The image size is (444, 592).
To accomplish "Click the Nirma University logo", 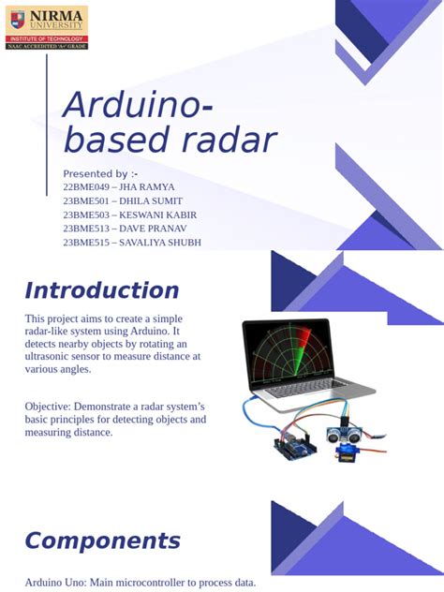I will tap(47, 26).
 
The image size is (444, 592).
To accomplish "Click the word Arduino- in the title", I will tap(137, 106).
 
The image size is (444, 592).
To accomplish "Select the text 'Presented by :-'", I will tap(100, 174).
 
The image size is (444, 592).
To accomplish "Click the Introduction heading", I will tap(101, 290).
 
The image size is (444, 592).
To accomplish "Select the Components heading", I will tap(102, 540).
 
